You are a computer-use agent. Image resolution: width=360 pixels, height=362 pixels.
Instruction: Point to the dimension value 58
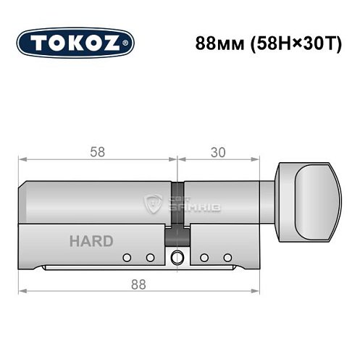[96, 152]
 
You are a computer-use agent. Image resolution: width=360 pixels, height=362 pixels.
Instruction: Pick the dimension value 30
[217, 152]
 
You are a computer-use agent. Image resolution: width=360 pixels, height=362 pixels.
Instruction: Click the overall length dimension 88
[138, 284]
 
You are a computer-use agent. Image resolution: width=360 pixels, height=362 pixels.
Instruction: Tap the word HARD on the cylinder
[91, 241]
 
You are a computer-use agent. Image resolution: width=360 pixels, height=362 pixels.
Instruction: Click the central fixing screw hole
[177, 257]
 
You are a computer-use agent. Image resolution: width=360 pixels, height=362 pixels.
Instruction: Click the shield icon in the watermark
[154, 203]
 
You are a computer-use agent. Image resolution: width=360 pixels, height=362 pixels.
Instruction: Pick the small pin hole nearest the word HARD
[127, 257]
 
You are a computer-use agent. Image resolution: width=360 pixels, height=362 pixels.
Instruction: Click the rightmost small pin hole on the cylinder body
[227, 257]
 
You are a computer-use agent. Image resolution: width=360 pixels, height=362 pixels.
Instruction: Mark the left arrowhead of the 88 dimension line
[22, 292]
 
